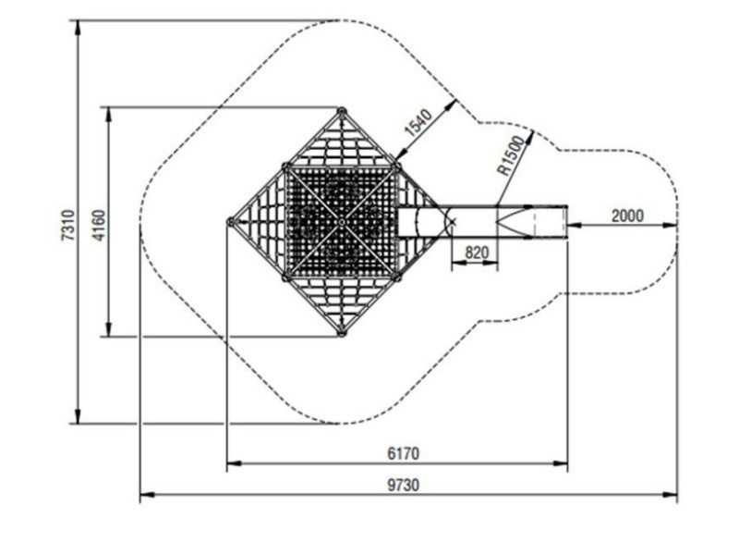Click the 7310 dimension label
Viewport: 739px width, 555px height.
point(68,225)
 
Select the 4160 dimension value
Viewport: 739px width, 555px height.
point(100,225)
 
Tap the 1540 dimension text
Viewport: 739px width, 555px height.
point(418,122)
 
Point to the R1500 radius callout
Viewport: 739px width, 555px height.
point(512,155)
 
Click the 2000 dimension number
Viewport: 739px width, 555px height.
point(627,216)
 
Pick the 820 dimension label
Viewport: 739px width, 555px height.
point(477,253)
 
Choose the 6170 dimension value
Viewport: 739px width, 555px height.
point(404,453)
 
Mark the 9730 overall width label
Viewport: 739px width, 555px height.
point(404,485)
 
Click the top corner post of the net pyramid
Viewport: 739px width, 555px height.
point(342,111)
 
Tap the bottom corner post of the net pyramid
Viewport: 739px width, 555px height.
point(342,333)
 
